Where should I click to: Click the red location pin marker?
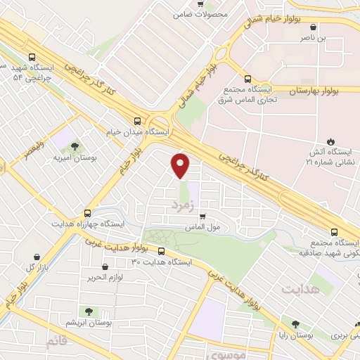tap(181, 165)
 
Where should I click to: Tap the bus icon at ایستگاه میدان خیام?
tap(138, 120)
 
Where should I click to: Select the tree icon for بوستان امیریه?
tap(75, 146)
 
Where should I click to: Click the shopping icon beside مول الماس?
tap(203, 216)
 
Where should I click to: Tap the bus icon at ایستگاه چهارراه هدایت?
tap(87, 212)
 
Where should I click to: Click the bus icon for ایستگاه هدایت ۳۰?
tap(162, 251)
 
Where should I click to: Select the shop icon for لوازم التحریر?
tap(105, 267)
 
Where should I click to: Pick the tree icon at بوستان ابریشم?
tap(89, 311)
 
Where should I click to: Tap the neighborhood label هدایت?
tap(301, 289)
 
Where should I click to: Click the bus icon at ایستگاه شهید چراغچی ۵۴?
tap(31, 58)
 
